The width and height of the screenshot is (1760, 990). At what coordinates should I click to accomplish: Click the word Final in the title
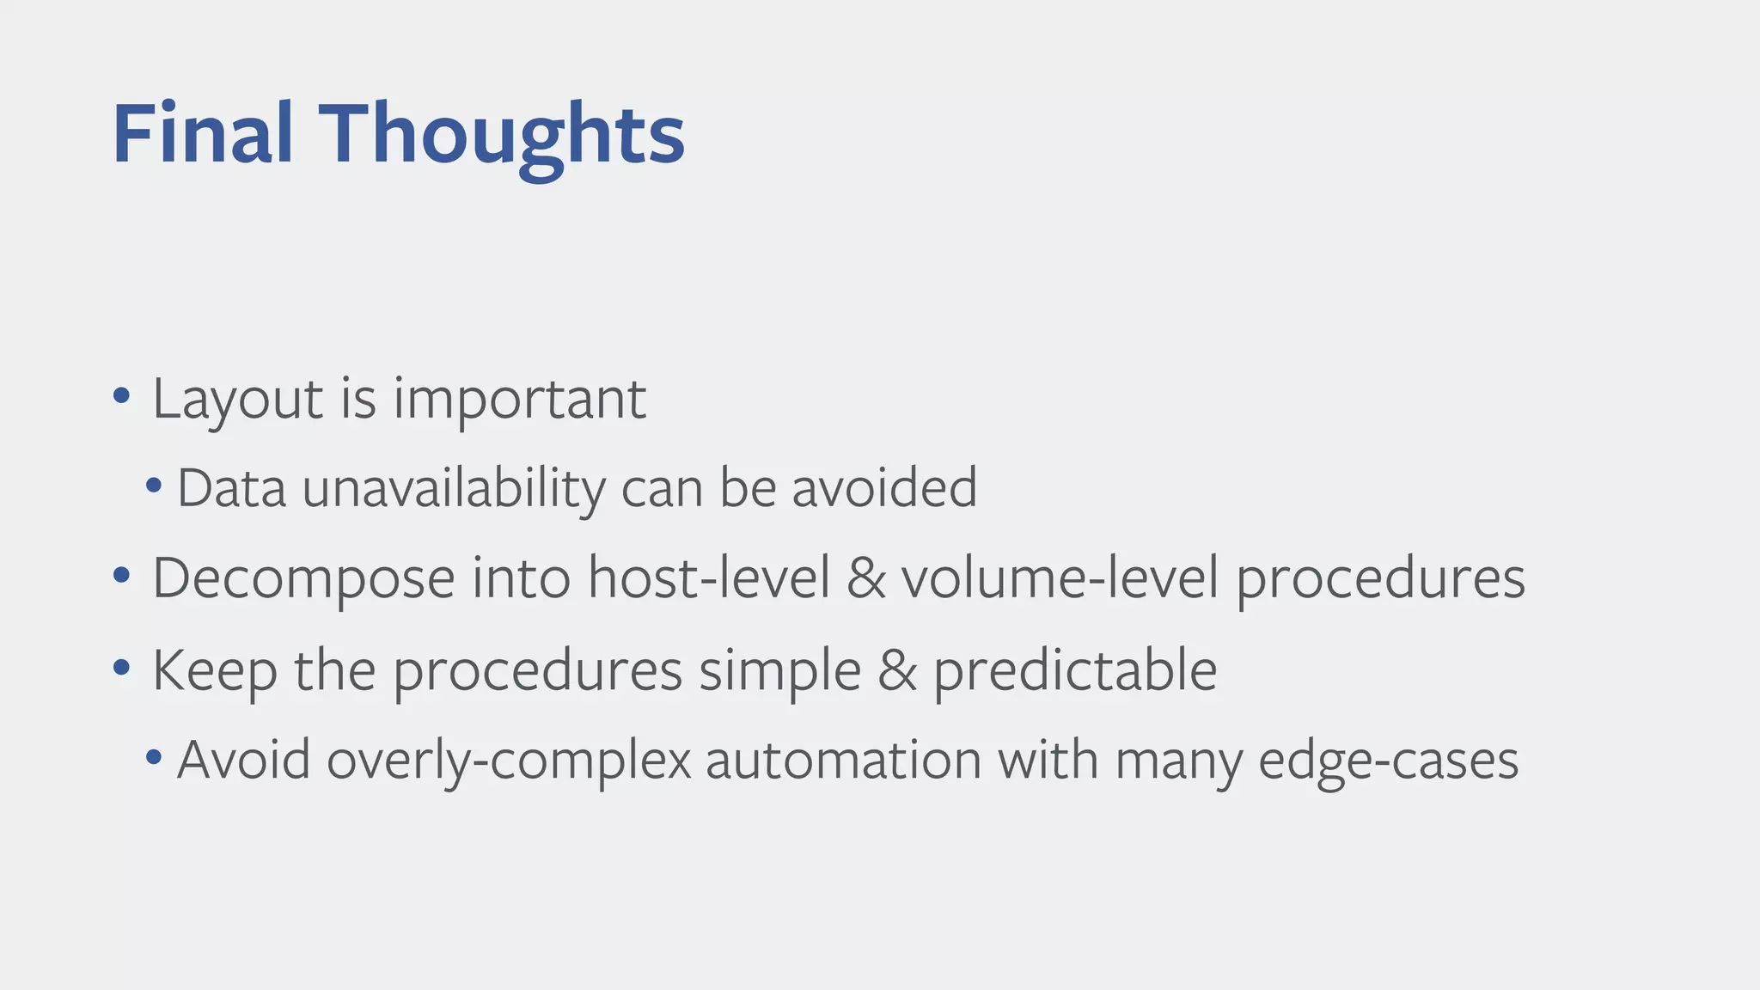(x=203, y=134)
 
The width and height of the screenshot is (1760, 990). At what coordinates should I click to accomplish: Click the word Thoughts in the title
(x=502, y=134)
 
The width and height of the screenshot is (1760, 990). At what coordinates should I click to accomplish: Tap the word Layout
(x=237, y=400)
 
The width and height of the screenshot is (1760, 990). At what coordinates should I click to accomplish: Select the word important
(x=519, y=400)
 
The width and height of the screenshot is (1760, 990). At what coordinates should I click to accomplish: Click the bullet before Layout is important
(x=121, y=396)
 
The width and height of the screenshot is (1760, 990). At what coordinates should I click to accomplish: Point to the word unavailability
(x=454, y=488)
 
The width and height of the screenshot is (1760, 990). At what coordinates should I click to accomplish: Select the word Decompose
(x=303, y=578)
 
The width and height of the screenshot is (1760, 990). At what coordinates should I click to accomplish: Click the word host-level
(x=709, y=578)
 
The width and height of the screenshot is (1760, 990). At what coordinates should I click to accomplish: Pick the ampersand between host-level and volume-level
(x=865, y=578)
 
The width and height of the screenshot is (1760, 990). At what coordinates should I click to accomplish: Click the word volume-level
(x=1060, y=578)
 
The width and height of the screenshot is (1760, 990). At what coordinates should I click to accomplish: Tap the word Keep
(x=215, y=670)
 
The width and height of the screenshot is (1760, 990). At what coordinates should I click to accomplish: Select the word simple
(x=779, y=670)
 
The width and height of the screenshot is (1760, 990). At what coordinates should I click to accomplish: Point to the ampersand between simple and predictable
(x=897, y=670)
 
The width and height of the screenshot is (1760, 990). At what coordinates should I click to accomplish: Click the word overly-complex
(x=509, y=761)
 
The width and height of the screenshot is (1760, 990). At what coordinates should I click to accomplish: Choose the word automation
(x=843, y=761)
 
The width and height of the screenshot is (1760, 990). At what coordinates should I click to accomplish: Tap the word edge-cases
(x=1388, y=761)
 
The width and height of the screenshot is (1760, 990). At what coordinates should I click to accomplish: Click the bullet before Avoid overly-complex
(x=154, y=757)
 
